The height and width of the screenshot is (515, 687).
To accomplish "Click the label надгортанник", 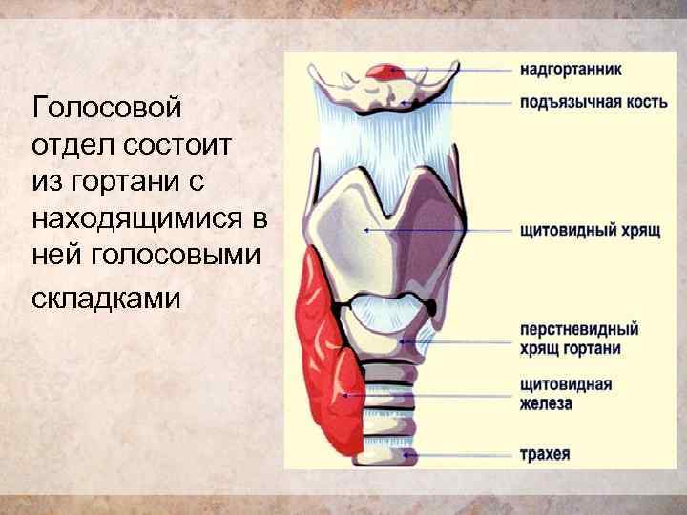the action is coord(571,69).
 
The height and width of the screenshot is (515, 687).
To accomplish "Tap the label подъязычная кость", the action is coord(593,102).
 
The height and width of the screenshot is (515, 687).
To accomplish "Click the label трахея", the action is coord(546,454).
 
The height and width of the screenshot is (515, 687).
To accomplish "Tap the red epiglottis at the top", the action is coord(386,71).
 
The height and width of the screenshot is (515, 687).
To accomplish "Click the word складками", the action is coord(105,299).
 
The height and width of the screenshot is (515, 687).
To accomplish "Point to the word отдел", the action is coord(69,144).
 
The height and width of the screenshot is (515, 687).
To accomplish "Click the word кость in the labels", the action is coord(644,102).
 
